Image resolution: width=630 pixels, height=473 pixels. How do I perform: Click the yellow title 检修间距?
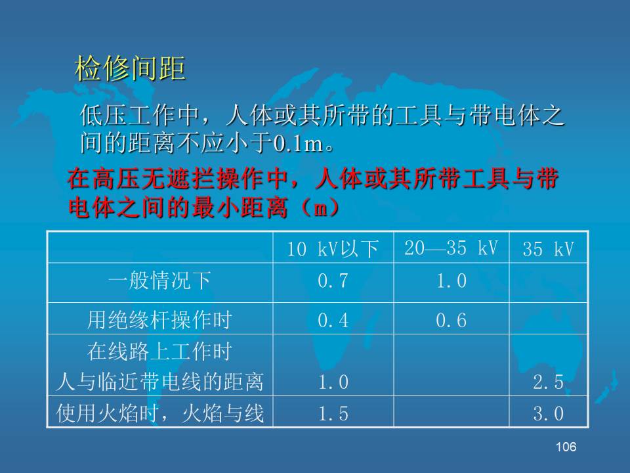[x=130, y=68]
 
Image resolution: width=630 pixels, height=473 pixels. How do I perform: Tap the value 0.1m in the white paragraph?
[x=299, y=143]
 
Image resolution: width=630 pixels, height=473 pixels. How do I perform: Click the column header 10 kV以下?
[x=332, y=249]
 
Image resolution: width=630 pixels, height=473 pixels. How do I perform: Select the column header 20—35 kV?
[x=451, y=248]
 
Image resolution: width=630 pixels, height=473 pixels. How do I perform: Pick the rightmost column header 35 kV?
[x=548, y=249]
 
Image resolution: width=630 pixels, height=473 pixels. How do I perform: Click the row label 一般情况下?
[x=159, y=281]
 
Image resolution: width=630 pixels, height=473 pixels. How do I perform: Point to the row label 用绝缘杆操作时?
[x=159, y=320]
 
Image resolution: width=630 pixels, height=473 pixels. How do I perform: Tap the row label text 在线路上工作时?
[x=159, y=351]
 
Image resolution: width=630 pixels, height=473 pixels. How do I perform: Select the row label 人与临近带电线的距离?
[x=159, y=382]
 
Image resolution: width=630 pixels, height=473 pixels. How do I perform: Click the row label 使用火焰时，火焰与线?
[x=159, y=413]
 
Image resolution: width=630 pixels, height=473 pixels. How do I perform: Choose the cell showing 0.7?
[x=333, y=281]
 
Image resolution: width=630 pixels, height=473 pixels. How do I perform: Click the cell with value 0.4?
[x=333, y=321]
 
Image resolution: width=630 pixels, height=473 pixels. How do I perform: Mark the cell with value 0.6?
[x=451, y=321]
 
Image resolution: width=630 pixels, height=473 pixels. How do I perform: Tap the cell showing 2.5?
[x=549, y=382]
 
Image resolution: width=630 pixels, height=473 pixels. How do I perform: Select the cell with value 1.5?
[x=333, y=413]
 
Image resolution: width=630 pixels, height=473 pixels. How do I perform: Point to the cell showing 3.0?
[x=549, y=413]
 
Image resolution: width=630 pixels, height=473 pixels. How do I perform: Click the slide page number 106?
[x=566, y=447]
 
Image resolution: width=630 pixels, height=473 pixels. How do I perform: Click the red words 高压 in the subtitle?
[x=104, y=179]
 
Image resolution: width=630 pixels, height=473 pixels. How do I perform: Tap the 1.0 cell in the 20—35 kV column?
[x=451, y=281]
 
